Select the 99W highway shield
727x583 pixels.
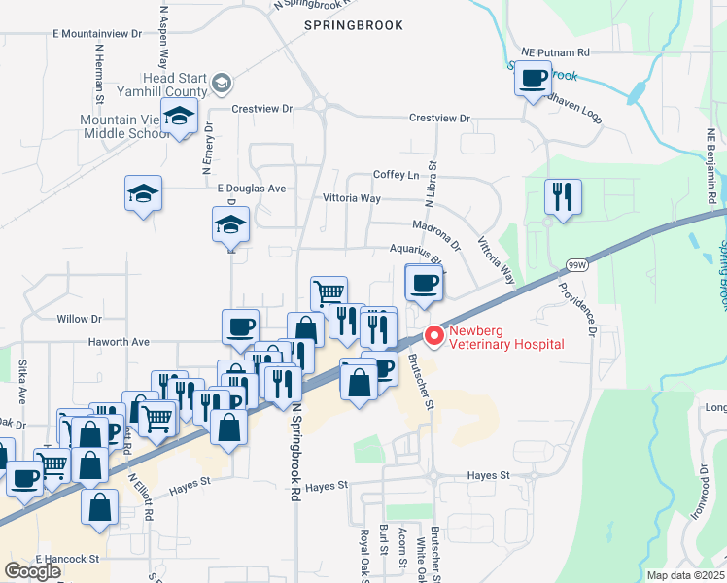(x=575, y=264)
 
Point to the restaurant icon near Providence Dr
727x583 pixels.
(x=563, y=196)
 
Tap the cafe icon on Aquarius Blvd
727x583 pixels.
(x=424, y=284)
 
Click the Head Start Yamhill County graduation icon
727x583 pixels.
(x=222, y=83)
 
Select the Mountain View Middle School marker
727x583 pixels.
(x=179, y=118)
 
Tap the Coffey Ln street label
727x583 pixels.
(x=396, y=175)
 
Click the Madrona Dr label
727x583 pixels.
(x=435, y=231)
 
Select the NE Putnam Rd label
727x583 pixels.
(x=555, y=52)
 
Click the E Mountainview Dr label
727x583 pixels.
(x=97, y=33)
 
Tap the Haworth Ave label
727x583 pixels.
(x=121, y=342)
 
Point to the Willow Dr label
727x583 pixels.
(x=79, y=319)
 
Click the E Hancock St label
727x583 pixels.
(x=68, y=559)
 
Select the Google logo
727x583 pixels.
(x=32, y=571)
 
